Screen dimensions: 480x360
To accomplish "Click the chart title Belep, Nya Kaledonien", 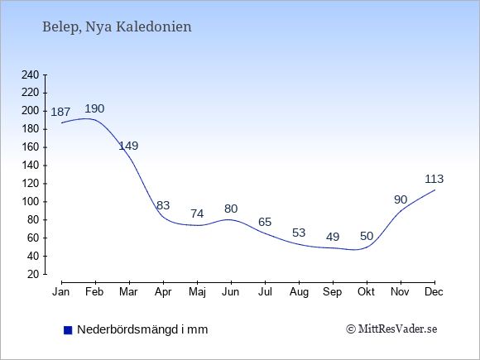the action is pyautogui.click(x=117, y=27).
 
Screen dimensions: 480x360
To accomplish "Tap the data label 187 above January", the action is pyautogui.click(x=60, y=112).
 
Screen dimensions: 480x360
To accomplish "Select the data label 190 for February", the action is pyautogui.click(x=94, y=108).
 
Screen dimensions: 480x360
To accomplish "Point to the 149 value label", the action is pyautogui.click(x=128, y=146).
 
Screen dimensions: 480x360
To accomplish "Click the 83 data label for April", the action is pyautogui.click(x=163, y=205).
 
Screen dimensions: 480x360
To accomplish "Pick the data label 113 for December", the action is pyautogui.click(x=434, y=179).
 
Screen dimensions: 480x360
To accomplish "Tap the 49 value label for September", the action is pyautogui.click(x=333, y=237).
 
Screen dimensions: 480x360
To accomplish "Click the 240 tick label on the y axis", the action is pyautogui.click(x=31, y=74).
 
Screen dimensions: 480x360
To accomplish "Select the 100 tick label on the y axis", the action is pyautogui.click(x=31, y=202).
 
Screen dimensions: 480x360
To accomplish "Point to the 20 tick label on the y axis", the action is pyautogui.click(x=33, y=274).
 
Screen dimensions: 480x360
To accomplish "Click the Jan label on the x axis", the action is pyautogui.click(x=61, y=292).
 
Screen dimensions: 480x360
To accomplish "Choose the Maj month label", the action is pyautogui.click(x=197, y=292).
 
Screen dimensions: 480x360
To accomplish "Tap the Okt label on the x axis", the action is pyautogui.click(x=366, y=292).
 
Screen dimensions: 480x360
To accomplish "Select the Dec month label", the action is pyautogui.click(x=434, y=292).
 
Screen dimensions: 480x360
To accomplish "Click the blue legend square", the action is pyautogui.click(x=68, y=330).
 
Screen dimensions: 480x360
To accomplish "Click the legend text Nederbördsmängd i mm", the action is pyautogui.click(x=142, y=329).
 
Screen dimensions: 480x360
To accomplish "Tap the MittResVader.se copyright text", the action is pyautogui.click(x=391, y=329).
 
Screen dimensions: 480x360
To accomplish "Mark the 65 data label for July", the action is pyautogui.click(x=265, y=222).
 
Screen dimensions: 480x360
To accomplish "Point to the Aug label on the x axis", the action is pyautogui.click(x=299, y=292).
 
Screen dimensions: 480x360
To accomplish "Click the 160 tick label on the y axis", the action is pyautogui.click(x=31, y=147).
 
